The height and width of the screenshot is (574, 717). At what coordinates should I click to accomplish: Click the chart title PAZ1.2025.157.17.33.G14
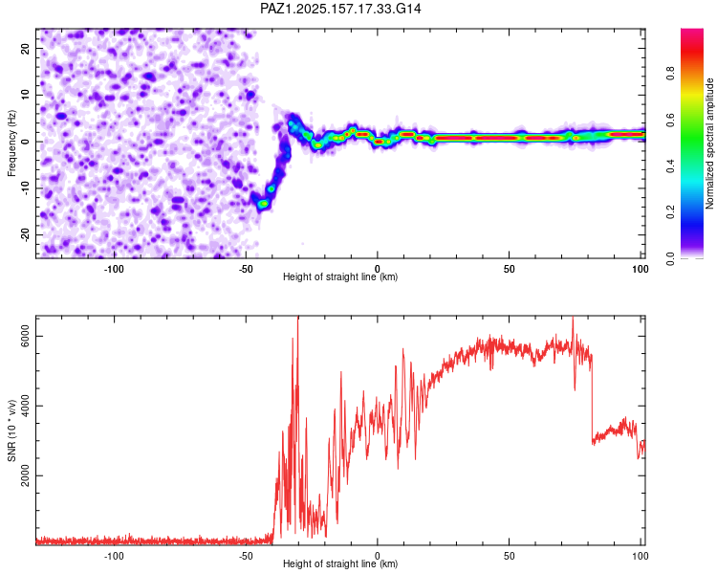coord(340,9)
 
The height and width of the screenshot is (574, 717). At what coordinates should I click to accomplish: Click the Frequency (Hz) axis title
coord(11,143)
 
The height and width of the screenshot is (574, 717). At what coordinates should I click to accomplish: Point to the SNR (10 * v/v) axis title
coord(11,430)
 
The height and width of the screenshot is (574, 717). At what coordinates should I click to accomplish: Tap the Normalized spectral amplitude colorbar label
coord(709,143)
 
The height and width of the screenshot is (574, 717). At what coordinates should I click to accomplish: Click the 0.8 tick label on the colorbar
coord(670,74)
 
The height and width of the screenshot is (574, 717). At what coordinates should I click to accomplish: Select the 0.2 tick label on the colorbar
coord(670,212)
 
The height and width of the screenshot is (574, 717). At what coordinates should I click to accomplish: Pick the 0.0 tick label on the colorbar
coord(670,258)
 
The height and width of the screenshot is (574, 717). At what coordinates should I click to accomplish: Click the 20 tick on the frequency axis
coord(25,49)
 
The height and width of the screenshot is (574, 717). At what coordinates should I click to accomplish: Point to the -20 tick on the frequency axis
coord(25,234)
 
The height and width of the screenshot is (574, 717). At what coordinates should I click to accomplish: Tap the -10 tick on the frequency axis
coord(25,188)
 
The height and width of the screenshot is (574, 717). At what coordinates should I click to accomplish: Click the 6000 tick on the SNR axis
coord(25,337)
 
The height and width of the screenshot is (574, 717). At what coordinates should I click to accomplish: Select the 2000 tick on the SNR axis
coord(25,476)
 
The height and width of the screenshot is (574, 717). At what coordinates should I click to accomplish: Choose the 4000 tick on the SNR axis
coord(25,406)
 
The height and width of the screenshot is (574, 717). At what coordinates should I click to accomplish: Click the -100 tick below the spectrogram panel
coord(114,269)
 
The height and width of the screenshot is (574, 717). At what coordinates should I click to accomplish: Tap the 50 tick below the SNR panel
coord(509,556)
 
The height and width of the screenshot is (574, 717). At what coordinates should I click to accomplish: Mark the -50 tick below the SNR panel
coord(246,556)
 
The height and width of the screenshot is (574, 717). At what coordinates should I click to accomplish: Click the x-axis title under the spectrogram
coord(340,276)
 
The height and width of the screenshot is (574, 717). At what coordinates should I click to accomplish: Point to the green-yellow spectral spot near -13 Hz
coord(263,203)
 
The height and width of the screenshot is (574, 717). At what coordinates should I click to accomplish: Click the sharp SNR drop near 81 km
coord(592,398)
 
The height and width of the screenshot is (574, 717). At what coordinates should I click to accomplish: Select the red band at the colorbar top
coord(692,36)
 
